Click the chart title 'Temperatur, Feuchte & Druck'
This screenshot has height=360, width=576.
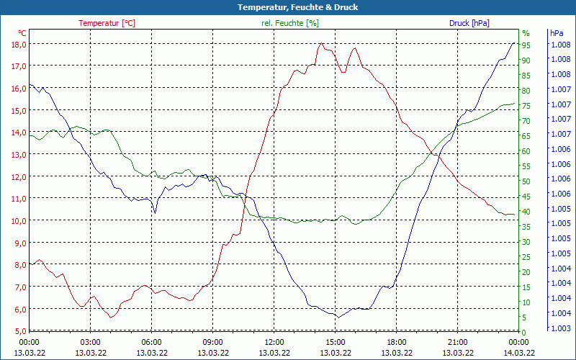tap(288, 7)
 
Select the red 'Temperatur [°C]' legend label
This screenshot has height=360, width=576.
tap(107, 23)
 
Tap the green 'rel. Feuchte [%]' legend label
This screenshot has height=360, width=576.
tap(290, 23)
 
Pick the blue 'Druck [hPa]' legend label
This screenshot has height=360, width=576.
tap(469, 23)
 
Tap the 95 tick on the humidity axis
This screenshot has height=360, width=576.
tap(526, 45)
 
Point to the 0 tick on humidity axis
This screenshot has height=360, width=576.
tap(524, 331)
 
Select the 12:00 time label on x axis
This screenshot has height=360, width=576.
tap(274, 342)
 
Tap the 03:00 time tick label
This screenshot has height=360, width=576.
tap(91, 342)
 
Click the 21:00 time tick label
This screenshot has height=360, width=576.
tap(458, 342)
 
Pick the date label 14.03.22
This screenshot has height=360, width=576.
tap(519, 352)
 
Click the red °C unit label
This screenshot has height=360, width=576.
tap(22, 33)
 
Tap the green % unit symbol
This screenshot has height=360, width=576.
tap(526, 33)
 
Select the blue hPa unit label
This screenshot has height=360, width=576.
tap(557, 33)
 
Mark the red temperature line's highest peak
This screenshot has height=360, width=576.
tap(321, 44)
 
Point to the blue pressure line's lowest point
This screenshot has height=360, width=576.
tap(338, 317)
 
